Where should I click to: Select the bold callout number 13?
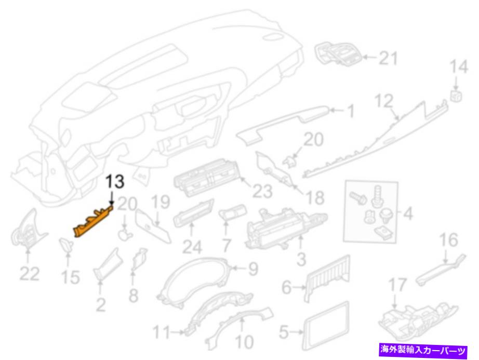click(115, 181)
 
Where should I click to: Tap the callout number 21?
click(388, 58)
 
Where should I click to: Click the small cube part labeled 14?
click(456, 96)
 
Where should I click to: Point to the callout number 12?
click(384, 101)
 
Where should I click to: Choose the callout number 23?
click(262, 192)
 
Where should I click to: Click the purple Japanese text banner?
click(423, 350)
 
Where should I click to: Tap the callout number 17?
click(397, 285)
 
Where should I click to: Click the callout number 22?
click(29, 273)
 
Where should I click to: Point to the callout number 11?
click(161, 332)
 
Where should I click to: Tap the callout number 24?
click(192, 247)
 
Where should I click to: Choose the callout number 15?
click(70, 277)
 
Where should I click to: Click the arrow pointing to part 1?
click(337, 110)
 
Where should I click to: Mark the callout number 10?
click(244, 342)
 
